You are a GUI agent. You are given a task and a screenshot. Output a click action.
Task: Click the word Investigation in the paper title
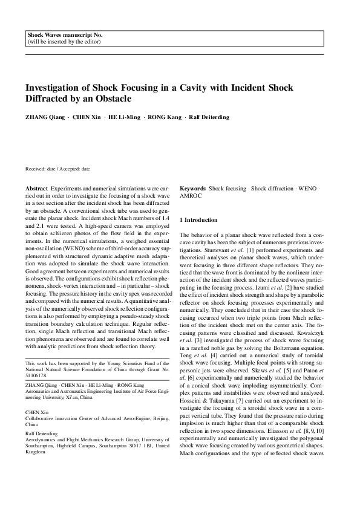coord(53,86)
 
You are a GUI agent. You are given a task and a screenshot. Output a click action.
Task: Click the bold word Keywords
coord(193,189)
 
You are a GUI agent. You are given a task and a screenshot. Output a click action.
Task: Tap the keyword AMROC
coord(191,196)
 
